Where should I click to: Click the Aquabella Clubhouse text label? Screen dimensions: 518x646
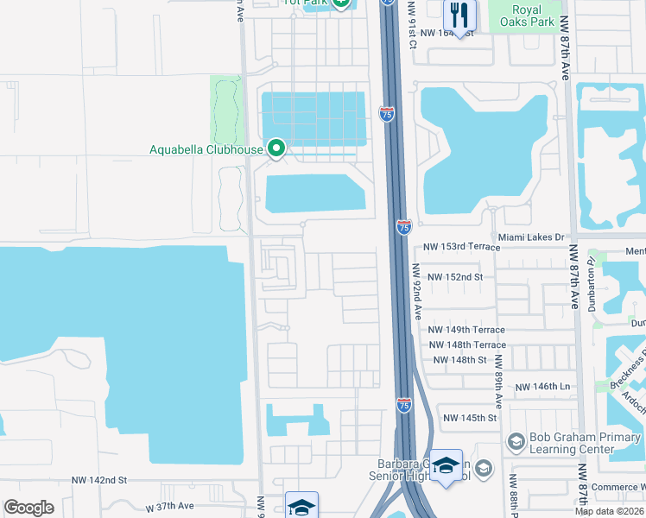[x=206, y=149]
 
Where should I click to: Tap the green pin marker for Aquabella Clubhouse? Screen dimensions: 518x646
[x=276, y=148]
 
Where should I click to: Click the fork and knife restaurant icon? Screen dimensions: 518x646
[x=459, y=16]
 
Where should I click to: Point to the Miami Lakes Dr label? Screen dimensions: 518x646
[x=530, y=237]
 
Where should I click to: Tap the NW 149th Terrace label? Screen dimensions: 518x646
[x=467, y=330]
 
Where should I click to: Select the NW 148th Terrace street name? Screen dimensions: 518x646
[x=467, y=345]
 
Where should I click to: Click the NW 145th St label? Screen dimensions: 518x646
[x=471, y=418]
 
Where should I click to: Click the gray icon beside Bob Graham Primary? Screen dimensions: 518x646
[x=516, y=442]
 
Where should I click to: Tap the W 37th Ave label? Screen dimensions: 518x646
[x=168, y=507]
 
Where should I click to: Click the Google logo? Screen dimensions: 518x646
[x=28, y=508]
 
